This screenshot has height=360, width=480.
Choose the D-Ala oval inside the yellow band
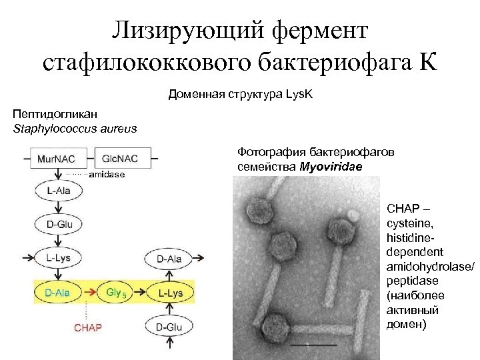[x=58, y=292]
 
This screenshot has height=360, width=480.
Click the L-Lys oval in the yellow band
[x=169, y=292]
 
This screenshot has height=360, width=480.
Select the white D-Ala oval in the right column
[x=169, y=258]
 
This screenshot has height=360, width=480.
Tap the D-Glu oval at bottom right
[x=169, y=327]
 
